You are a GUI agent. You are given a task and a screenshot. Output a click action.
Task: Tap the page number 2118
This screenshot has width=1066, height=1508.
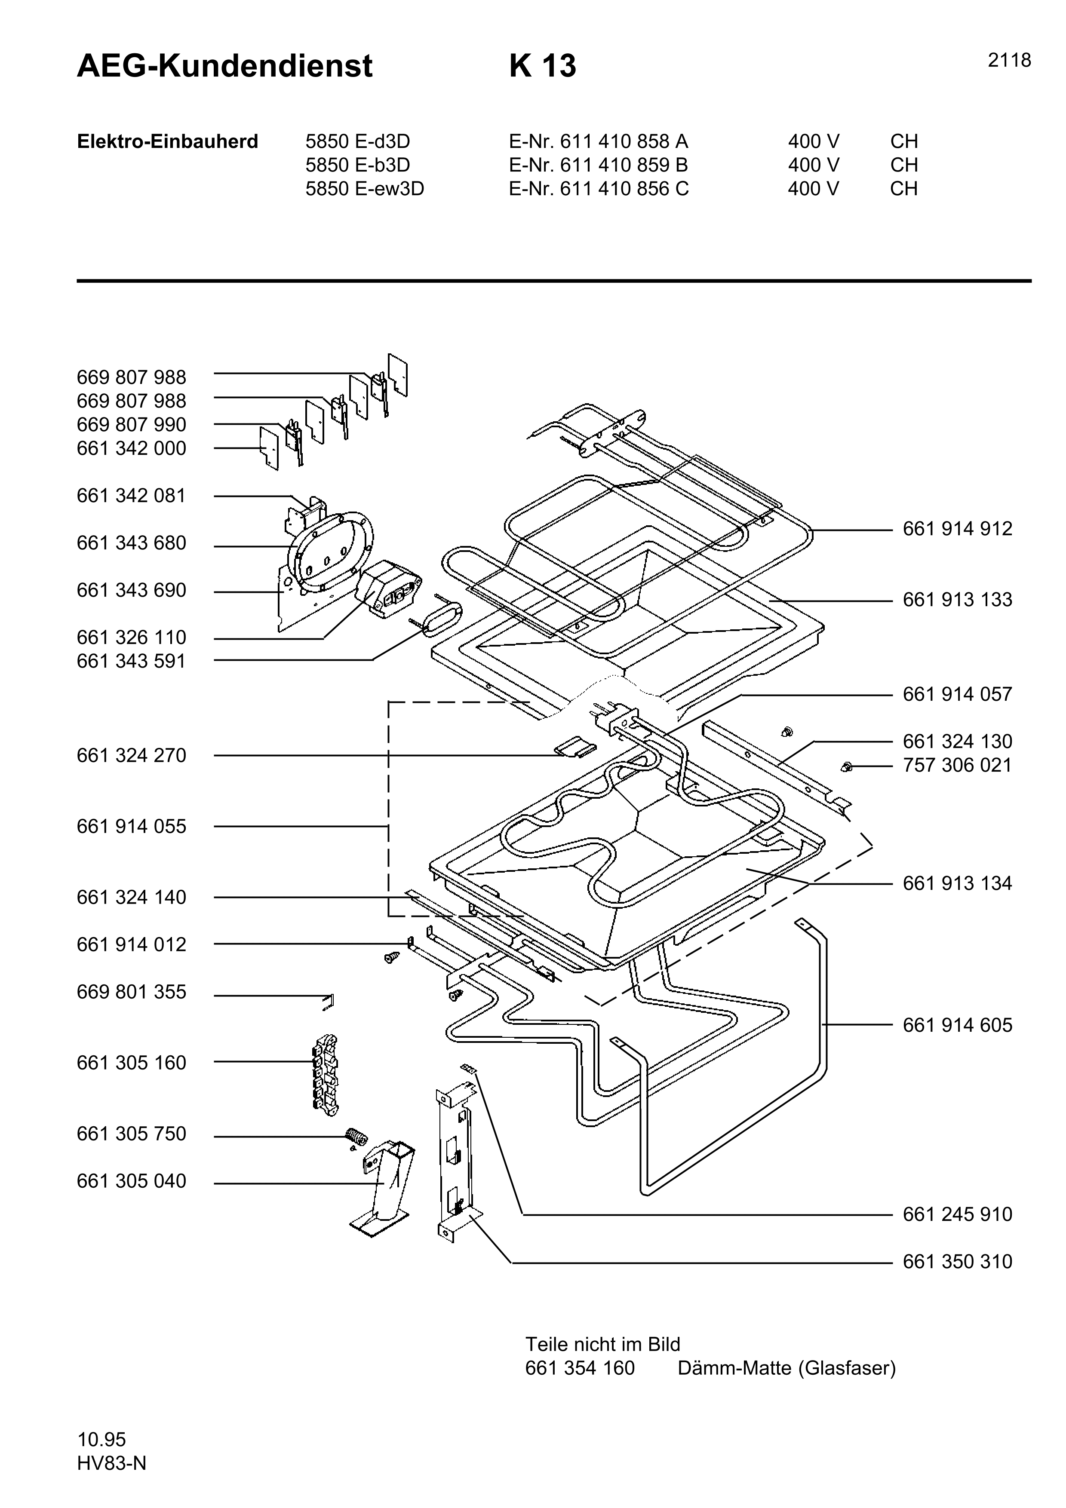[x=1009, y=61]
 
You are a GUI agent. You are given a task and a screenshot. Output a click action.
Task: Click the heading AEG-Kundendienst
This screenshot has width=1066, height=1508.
[x=224, y=66]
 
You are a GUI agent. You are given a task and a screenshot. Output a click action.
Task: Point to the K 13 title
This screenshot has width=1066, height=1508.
[x=543, y=66]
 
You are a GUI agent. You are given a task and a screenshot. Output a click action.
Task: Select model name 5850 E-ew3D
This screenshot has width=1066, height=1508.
[x=365, y=189]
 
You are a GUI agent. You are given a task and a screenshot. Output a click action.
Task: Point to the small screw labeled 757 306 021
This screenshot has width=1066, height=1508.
[x=847, y=766]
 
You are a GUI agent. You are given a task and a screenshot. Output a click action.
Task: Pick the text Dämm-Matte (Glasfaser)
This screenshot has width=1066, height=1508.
[x=786, y=1368]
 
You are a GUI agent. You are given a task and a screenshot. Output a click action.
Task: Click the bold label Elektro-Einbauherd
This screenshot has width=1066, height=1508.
[x=167, y=142]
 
